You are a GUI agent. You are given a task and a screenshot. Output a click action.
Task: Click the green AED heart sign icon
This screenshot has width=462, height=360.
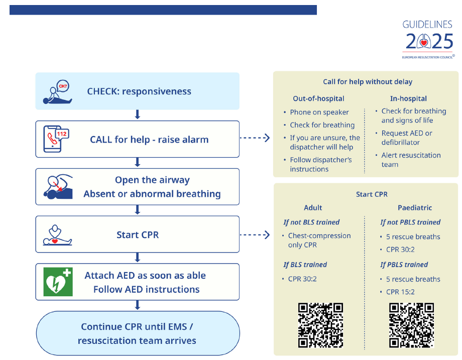pyautogui.click(x=58, y=282)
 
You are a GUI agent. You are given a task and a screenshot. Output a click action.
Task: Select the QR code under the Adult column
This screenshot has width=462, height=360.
pyautogui.click(x=320, y=325)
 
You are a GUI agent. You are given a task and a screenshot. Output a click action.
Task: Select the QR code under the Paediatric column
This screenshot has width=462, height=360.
pyautogui.click(x=412, y=325)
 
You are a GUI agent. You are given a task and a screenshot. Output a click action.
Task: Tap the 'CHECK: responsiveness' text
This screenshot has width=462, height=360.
pyautogui.click(x=139, y=91)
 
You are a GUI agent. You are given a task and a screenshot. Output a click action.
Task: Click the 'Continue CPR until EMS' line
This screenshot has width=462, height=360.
pyautogui.click(x=137, y=327)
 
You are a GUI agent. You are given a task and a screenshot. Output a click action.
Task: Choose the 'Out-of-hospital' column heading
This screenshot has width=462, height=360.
pyautogui.click(x=318, y=99)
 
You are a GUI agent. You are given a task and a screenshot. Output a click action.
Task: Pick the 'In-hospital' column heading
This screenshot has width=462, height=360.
pyautogui.click(x=408, y=99)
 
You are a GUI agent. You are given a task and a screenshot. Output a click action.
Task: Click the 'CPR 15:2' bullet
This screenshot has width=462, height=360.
pyautogui.click(x=400, y=292)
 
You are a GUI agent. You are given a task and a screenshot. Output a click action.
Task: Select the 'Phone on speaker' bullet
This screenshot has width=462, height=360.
pyautogui.click(x=319, y=112)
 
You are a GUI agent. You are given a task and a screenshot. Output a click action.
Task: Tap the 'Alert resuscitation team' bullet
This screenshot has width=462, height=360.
pyautogui.click(x=411, y=160)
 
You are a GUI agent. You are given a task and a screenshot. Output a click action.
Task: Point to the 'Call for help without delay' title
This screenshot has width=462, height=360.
pyautogui.click(x=368, y=82)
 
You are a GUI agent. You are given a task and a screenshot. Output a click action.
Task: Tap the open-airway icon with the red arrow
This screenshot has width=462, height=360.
pyautogui.click(x=57, y=187)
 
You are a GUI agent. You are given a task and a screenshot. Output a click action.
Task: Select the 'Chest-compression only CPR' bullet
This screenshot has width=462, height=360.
pyautogui.click(x=319, y=240)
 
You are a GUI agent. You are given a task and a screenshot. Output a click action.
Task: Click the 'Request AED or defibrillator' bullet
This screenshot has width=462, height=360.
pyautogui.click(x=406, y=138)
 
